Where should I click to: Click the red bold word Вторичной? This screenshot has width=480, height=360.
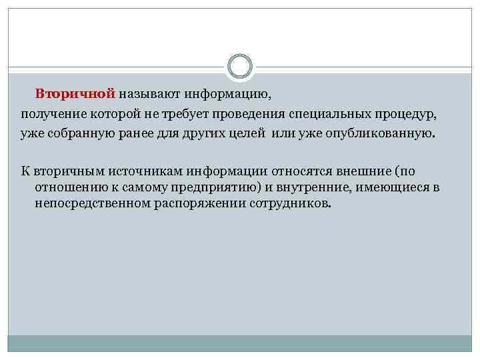click(x=75, y=93)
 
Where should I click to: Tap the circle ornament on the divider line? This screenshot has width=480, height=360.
click(x=240, y=67)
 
